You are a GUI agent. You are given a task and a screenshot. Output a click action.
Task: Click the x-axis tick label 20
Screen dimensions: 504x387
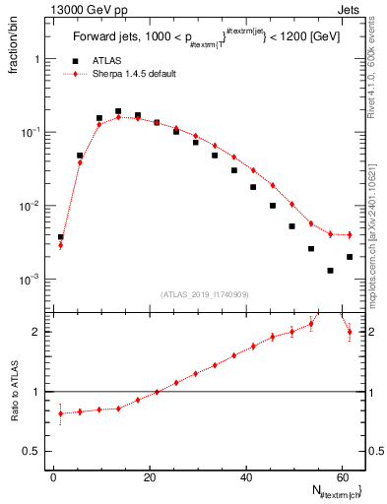tap(149, 476)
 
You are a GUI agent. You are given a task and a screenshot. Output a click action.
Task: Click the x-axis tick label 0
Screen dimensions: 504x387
tap(53, 476)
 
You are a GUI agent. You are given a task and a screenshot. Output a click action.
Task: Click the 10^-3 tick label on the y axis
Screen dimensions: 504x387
tap(32, 280)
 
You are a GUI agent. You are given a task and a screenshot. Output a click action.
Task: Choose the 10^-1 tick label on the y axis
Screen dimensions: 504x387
tap(32, 132)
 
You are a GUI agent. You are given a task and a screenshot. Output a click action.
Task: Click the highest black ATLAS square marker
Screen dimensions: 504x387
tap(118, 111)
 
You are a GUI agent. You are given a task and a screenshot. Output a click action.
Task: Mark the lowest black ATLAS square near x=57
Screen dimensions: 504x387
tap(330, 271)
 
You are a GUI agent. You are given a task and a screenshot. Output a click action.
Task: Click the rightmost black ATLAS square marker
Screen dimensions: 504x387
tap(350, 257)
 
